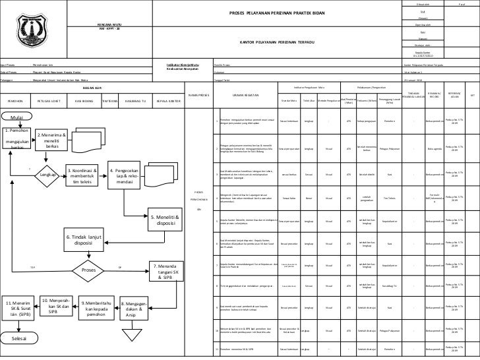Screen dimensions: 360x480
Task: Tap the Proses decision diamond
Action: point(88,269)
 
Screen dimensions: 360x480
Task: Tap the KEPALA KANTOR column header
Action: point(169,102)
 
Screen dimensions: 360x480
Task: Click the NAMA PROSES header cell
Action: point(198,95)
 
